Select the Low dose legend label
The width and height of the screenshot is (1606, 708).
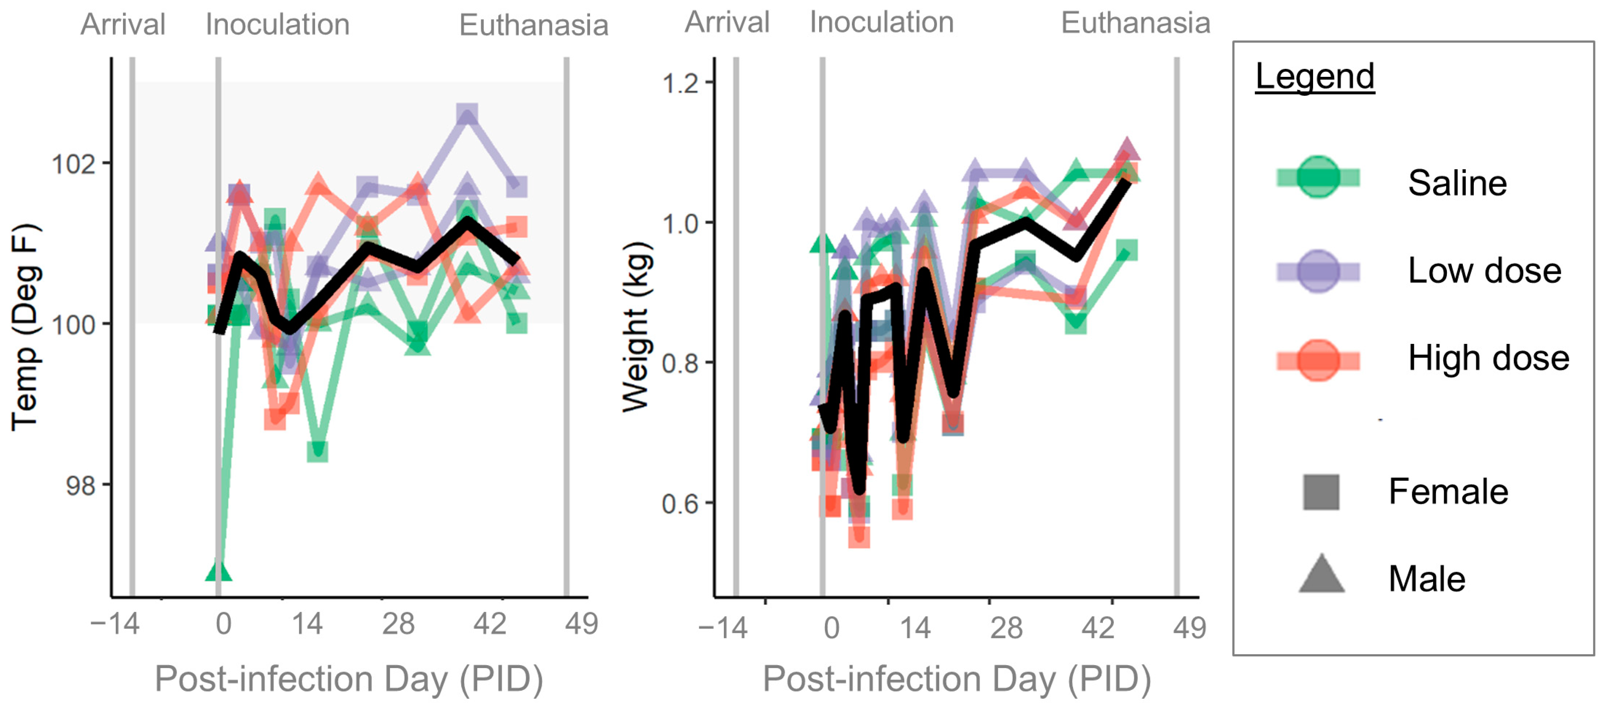1484,271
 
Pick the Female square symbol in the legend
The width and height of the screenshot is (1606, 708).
1321,492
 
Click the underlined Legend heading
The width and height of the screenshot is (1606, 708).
1314,77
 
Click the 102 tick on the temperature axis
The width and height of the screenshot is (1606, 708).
73,164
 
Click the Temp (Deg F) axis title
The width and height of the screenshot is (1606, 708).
26,327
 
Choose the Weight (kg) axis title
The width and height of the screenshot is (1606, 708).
637,327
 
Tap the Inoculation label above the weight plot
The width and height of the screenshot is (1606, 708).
881,23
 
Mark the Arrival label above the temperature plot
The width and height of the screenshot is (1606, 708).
123,25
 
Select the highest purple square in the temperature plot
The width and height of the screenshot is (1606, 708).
467,115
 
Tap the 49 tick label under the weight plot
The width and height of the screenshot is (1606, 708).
1189,627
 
